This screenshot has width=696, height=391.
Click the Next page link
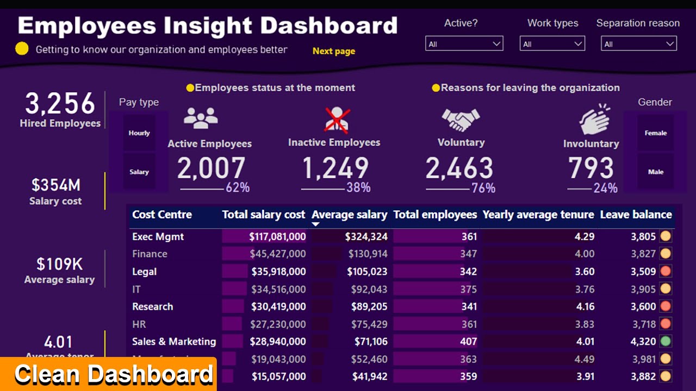[333, 51]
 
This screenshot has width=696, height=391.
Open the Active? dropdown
[464, 44]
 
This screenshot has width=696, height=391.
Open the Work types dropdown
[552, 44]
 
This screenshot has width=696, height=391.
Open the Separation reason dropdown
[638, 44]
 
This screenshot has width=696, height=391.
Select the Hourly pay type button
[139, 133]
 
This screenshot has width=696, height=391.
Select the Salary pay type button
[139, 172]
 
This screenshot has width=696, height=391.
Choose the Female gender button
[655, 133]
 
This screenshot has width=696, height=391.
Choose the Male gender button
[655, 172]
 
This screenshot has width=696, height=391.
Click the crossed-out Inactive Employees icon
[337, 120]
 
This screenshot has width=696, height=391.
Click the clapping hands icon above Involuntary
[594, 120]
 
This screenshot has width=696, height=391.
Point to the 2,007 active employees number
[212, 169]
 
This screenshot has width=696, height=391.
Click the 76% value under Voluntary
[483, 188]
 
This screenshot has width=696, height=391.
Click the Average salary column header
[349, 215]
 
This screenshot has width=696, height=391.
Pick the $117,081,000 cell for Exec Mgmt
[277, 237]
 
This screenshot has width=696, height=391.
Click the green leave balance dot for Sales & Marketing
[665, 342]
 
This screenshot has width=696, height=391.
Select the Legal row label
[145, 272]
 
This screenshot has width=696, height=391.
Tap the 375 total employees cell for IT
[468, 289]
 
